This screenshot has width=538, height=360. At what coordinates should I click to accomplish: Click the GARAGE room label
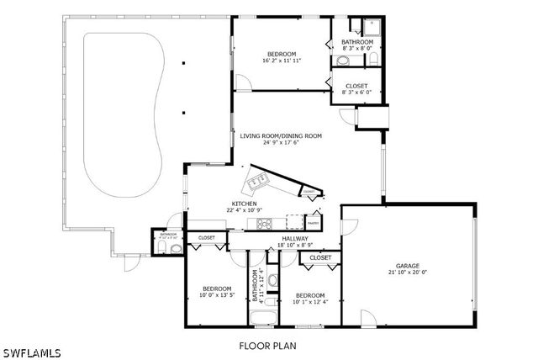(408, 265)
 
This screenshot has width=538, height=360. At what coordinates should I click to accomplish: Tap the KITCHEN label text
(244, 204)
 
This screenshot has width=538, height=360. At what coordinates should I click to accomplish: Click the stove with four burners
(264, 223)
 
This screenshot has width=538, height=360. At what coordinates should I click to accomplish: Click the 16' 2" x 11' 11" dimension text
(282, 61)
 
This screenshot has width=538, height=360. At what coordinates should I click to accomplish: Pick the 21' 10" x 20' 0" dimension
(408, 273)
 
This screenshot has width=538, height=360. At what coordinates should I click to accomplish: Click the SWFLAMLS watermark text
(31, 351)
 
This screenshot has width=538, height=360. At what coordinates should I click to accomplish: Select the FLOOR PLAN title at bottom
(267, 345)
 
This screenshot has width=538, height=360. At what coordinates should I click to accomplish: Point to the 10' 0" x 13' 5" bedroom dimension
(215, 295)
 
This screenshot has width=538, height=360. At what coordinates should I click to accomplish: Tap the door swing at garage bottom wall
(367, 318)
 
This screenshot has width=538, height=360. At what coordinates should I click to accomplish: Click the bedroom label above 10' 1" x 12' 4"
(309, 295)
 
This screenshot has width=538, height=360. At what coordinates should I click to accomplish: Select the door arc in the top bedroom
(242, 83)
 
